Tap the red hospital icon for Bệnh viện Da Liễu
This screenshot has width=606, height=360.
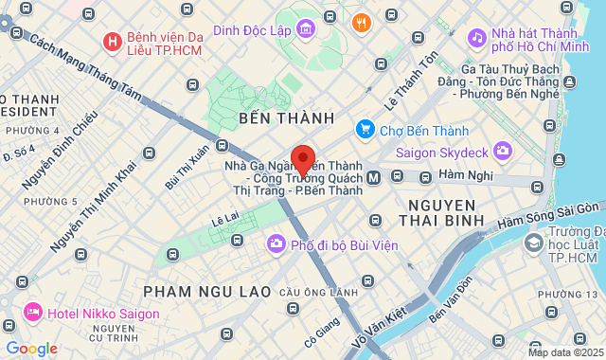[x=112, y=42]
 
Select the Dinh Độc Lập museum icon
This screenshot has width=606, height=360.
[x=306, y=30]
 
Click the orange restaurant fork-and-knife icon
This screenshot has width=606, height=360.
[x=361, y=23]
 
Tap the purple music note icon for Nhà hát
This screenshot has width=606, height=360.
[x=477, y=38]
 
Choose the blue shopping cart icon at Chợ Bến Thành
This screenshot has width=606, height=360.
[x=365, y=128]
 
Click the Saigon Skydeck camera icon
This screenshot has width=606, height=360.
[x=502, y=150]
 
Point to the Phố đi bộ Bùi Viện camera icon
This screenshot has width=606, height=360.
[x=276, y=243]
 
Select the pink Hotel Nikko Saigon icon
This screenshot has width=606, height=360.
[x=33, y=311]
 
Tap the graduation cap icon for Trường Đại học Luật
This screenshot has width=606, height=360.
[x=534, y=243]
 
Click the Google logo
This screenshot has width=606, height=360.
[x=32, y=348]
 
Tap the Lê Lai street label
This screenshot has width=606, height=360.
[x=224, y=219]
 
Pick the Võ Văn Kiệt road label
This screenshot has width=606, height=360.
[x=378, y=325]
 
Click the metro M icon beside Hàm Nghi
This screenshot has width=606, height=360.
[x=374, y=177]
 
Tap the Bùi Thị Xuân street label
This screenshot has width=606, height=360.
[x=187, y=167]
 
